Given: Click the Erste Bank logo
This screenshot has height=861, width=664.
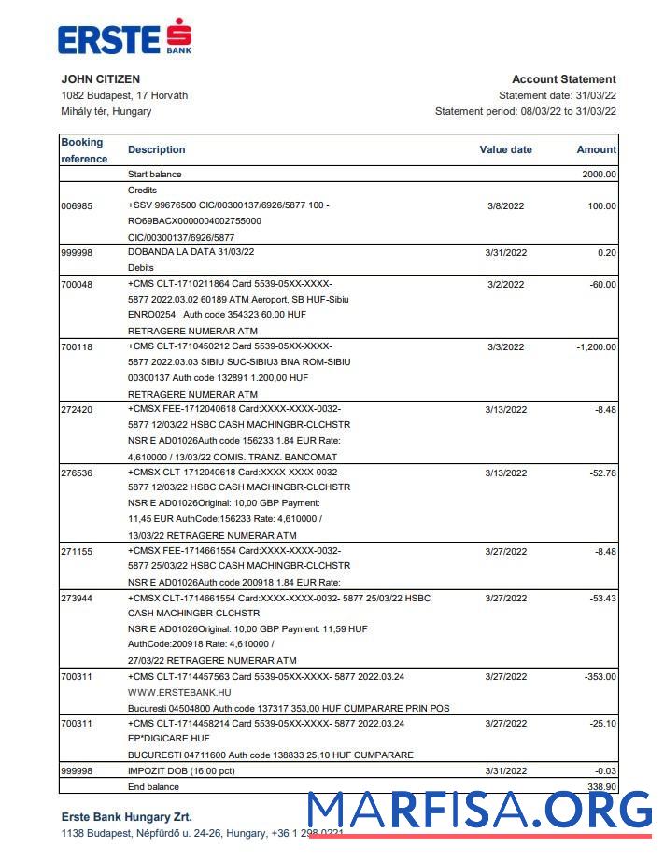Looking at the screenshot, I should click(x=124, y=38).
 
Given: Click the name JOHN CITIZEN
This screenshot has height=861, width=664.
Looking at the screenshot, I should click(x=100, y=79).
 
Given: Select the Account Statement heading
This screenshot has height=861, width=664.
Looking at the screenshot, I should click(x=563, y=79).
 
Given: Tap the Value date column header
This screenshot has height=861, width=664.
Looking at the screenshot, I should click(x=505, y=149).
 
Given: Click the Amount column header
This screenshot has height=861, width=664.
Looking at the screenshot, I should click(x=596, y=149).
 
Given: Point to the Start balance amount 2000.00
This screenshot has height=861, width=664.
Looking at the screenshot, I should click(x=599, y=175).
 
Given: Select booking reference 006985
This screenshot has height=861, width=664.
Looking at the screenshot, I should click(x=77, y=206).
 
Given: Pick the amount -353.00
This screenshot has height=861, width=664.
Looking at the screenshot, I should click(x=598, y=677).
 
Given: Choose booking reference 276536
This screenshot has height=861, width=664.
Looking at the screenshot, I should click(x=77, y=473).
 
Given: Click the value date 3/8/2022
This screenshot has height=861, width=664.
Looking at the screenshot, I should click(x=505, y=206).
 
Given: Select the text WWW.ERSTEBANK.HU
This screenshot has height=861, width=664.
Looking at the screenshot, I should click(x=179, y=693).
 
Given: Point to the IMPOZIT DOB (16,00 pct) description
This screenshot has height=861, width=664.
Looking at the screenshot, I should click(x=180, y=771).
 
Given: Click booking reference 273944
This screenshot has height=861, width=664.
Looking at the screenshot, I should click(x=77, y=599).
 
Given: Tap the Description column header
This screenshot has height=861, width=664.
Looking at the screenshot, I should click(x=156, y=149).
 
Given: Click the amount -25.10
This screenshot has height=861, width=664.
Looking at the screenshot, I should click(x=600, y=724).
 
